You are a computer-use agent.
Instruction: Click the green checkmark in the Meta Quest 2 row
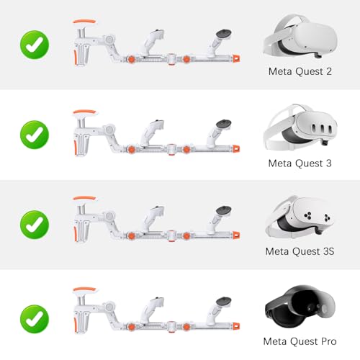(x=34, y=44)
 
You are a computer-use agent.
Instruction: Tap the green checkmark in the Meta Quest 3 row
(x=34, y=134)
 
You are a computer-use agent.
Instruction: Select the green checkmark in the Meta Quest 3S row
(x=34, y=224)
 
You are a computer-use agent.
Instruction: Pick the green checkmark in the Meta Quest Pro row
(x=34, y=314)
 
